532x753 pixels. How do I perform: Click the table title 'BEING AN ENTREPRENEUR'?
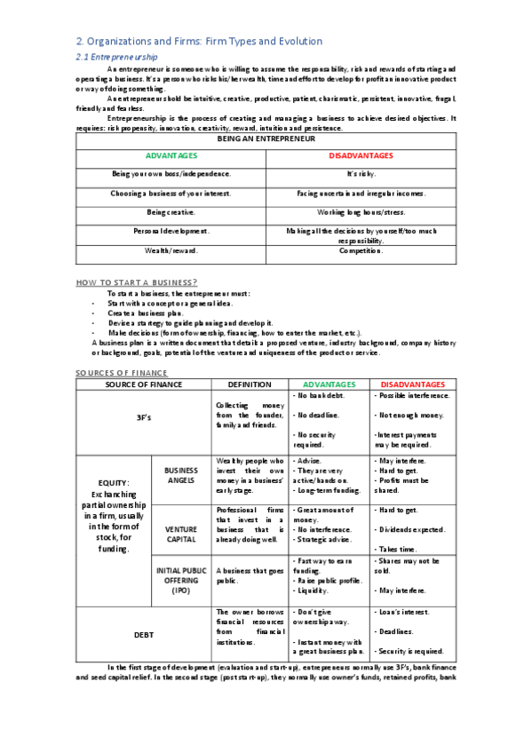[266, 139]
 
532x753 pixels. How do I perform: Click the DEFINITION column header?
[250, 384]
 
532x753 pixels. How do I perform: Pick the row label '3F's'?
[143, 417]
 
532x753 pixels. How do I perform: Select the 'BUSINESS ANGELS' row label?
[181, 475]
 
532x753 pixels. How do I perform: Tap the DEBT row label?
[143, 634]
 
